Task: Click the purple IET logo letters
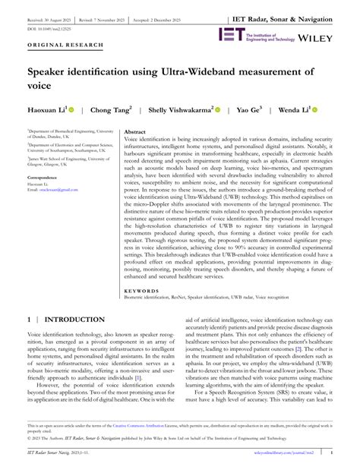coord(230,34)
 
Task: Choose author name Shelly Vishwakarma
coord(181,110)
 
